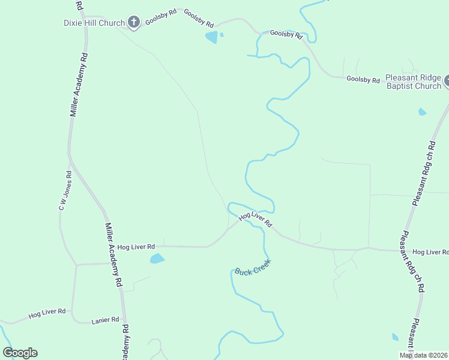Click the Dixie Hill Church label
pyautogui.click(x=94, y=23)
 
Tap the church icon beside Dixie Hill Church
pyautogui.click(x=134, y=23)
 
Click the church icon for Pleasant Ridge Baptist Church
pyautogui.click(x=447, y=82)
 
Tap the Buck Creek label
pyautogui.click(x=253, y=267)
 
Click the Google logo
pyautogui.click(x=20, y=353)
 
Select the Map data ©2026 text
pyautogui.click(x=423, y=355)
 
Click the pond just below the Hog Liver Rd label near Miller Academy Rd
pyautogui.click(x=157, y=259)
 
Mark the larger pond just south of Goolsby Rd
pyautogui.click(x=212, y=38)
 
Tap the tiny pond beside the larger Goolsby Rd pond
pyautogui.click(x=221, y=35)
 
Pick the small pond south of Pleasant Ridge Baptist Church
pyautogui.click(x=422, y=112)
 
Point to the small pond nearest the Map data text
pyautogui.click(x=395, y=337)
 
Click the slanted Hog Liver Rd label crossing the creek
pyautogui.click(x=256, y=220)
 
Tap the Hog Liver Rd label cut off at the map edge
pyautogui.click(x=430, y=252)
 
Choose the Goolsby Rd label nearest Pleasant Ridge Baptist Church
pyautogui.click(x=363, y=80)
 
